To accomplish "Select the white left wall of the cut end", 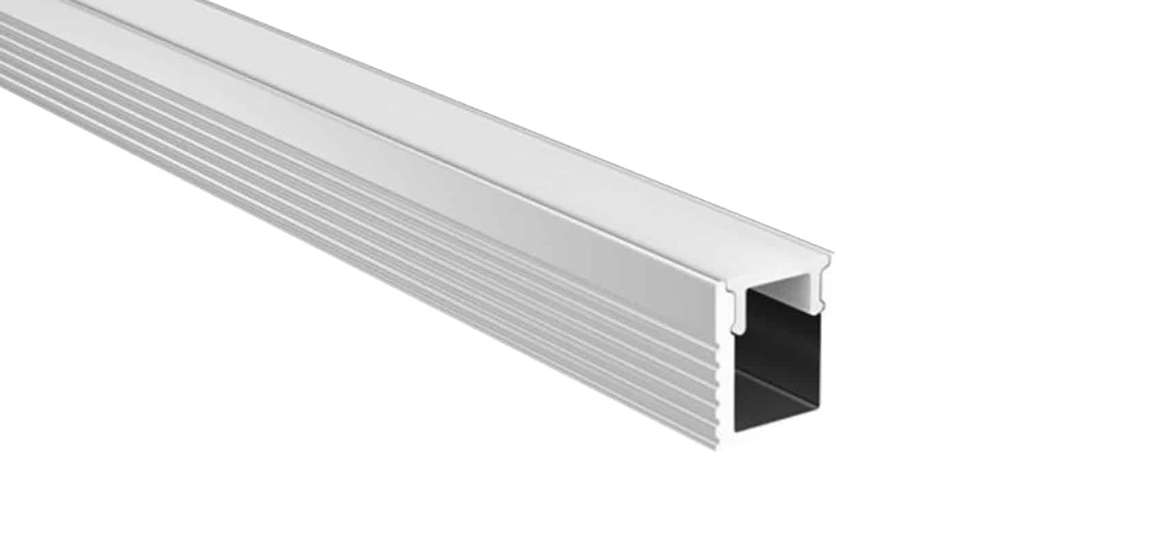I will (x=728, y=383).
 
